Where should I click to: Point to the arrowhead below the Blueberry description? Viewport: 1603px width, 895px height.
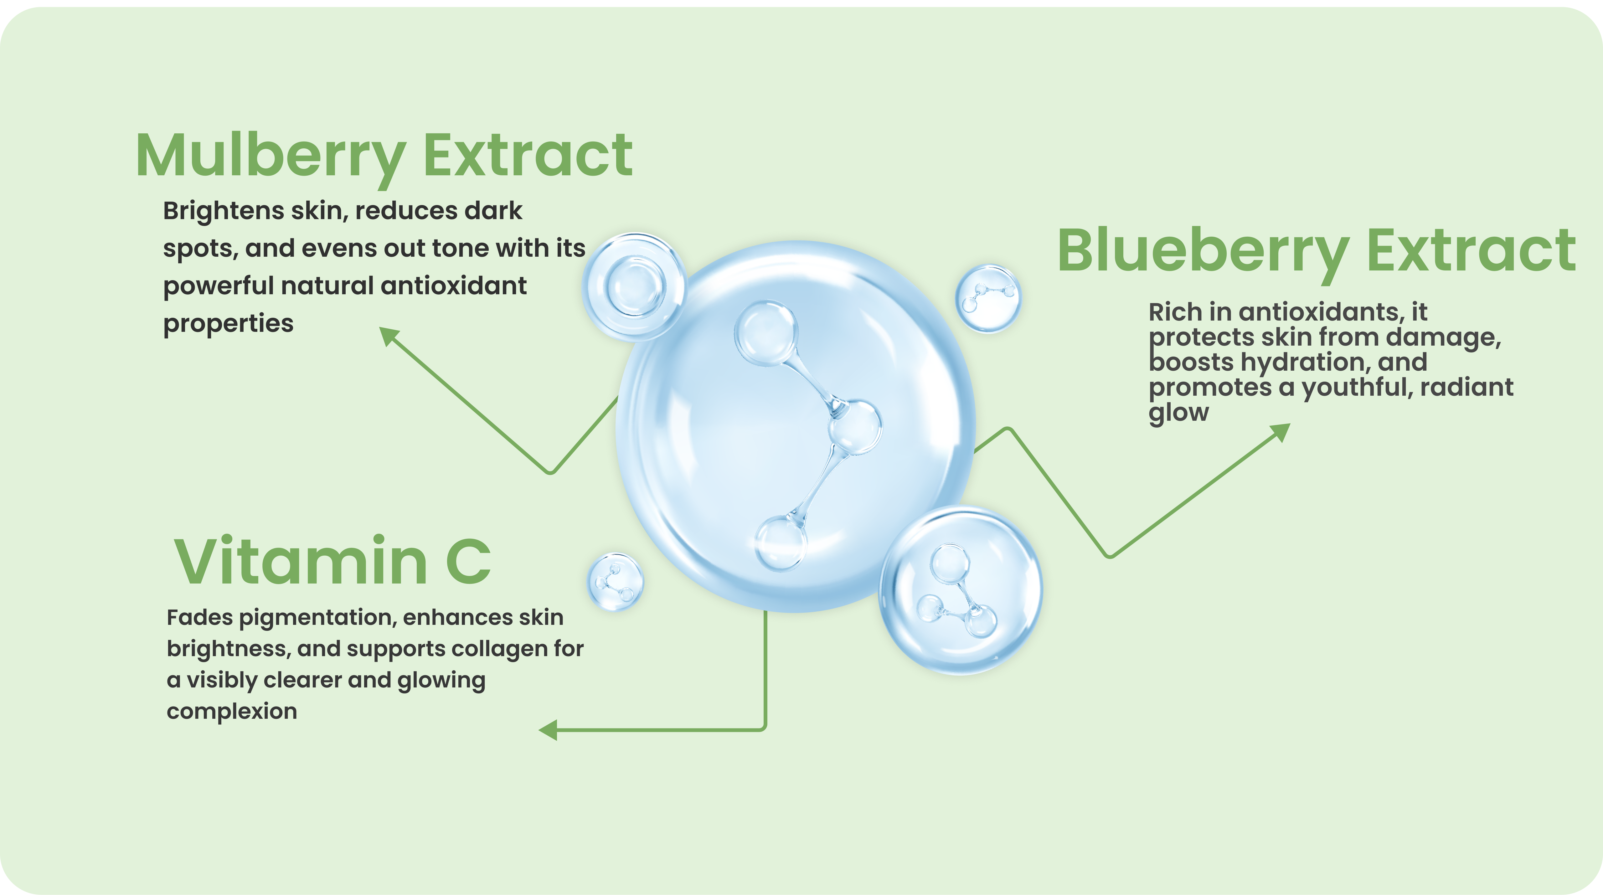1281,432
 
